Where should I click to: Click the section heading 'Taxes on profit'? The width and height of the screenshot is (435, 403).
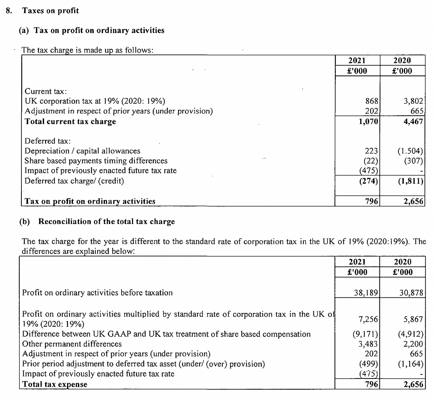pos(50,11)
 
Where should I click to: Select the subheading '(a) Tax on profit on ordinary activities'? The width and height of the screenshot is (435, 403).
pos(91,31)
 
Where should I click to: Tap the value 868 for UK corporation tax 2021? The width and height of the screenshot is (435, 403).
pos(372,101)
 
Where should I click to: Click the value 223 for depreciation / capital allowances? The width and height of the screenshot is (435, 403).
pos(371,151)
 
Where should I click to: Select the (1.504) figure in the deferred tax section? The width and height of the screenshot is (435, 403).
pos(410,151)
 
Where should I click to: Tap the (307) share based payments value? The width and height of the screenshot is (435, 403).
pos(413,161)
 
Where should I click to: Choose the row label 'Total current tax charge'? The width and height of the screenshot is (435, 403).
pos(70,122)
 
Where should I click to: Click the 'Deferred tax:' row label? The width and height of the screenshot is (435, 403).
pos(48,141)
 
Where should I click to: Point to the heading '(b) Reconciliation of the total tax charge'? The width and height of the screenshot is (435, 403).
pos(97,221)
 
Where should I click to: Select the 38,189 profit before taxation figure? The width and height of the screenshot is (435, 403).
pos(366,292)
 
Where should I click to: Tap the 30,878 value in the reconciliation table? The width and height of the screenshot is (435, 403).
pos(411,292)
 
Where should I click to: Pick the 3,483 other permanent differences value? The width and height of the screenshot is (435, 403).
pos(368,344)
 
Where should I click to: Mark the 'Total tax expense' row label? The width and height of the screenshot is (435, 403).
pos(55,384)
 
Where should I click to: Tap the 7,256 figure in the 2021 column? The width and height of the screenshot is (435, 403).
pos(368,319)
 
